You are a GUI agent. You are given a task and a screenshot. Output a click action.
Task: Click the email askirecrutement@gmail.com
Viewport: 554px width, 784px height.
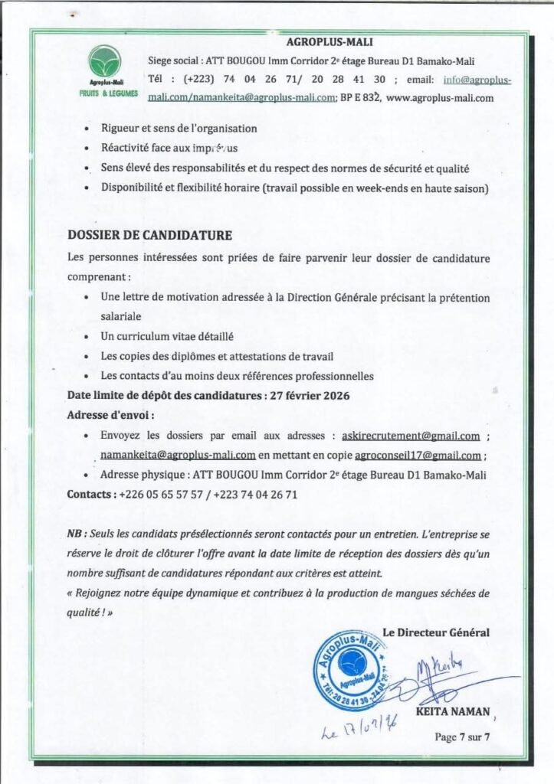coord(411,436)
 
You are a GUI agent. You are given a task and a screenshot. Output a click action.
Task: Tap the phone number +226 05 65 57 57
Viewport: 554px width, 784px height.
coord(156,495)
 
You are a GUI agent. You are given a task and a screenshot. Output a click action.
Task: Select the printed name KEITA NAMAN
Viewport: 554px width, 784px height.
coord(452,711)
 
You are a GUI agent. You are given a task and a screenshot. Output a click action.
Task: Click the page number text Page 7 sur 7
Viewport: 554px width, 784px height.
coord(461,737)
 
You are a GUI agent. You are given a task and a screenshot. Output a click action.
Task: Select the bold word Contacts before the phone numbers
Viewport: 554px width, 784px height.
coord(91,495)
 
